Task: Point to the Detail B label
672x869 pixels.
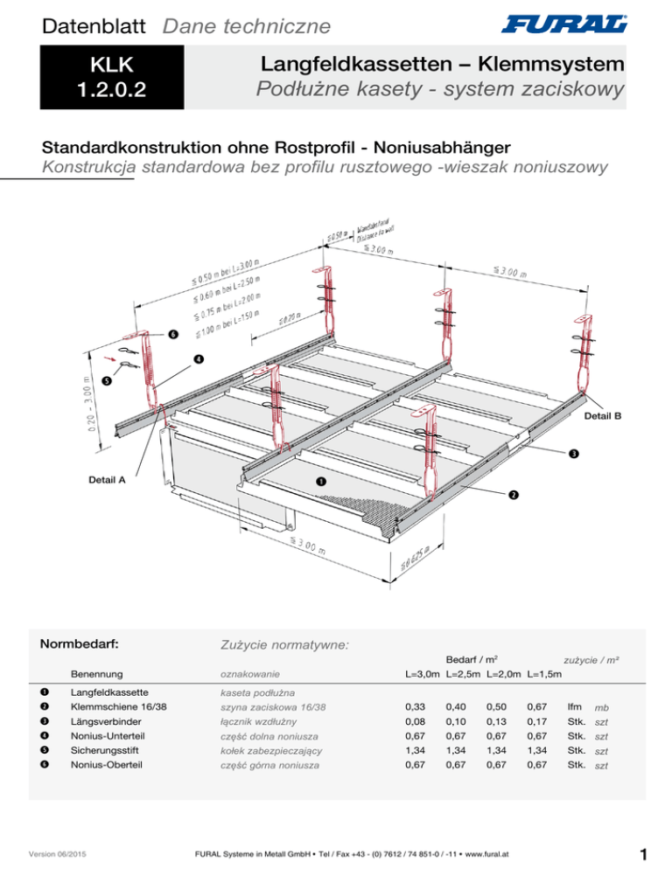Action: coord(604,416)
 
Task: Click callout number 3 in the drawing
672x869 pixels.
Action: coord(571,453)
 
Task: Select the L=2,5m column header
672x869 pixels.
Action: coord(464,675)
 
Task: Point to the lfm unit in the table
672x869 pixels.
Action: coord(575,706)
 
